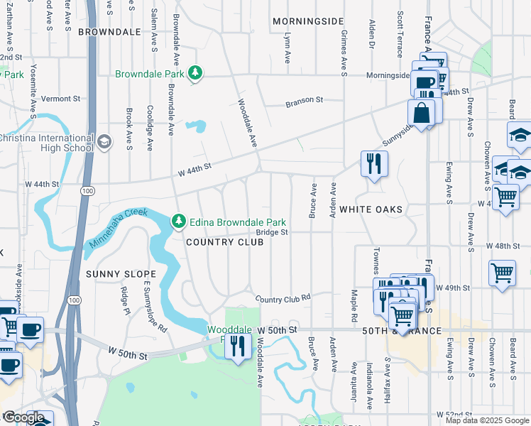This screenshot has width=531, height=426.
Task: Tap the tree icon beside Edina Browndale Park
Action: coord(178,222)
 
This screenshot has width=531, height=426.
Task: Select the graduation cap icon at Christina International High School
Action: coord(104,142)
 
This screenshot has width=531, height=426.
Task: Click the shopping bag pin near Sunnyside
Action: coord(422,114)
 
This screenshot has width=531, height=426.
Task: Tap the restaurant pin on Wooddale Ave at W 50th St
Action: coord(238,346)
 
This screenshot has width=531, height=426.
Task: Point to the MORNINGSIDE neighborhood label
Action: coord(308,22)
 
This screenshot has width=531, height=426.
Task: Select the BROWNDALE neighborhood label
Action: coord(109,32)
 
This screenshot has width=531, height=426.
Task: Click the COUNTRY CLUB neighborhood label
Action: coord(224,242)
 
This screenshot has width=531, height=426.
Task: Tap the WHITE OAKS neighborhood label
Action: coord(371,209)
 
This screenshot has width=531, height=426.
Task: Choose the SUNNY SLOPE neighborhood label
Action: coord(111,273)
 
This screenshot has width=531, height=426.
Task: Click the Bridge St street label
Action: coord(272,232)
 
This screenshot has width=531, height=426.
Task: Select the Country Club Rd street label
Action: coord(283,299)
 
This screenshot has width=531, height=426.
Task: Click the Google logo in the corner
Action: coord(23,417)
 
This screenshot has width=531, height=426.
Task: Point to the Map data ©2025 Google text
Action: coord(486,420)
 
